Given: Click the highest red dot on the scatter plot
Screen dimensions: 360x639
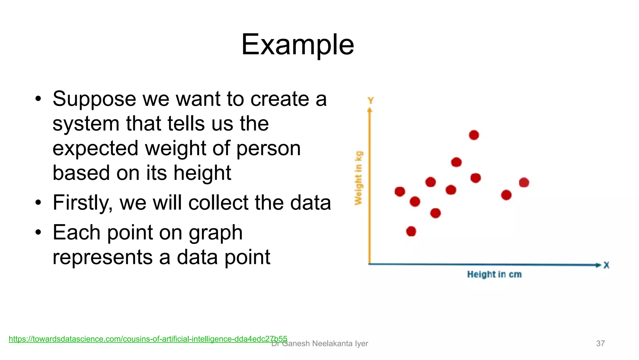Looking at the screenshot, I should tap(474, 135).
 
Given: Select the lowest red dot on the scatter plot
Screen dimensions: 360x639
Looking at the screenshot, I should tap(411, 231).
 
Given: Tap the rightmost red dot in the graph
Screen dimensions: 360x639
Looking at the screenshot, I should tap(524, 182).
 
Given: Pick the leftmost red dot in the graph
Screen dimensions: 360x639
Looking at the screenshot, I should tap(400, 191).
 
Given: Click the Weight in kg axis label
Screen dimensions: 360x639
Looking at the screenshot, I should tap(359, 178).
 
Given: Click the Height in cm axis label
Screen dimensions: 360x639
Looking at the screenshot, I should tap(494, 274).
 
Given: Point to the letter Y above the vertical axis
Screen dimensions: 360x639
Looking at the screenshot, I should tap(370, 101).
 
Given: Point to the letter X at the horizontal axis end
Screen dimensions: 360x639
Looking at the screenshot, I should tap(606, 265).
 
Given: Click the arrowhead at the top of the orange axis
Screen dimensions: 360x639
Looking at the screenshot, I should tap(370, 110).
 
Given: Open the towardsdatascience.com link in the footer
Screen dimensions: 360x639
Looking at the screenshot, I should tap(148, 339).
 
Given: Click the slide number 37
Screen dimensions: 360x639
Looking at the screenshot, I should tap(600, 343).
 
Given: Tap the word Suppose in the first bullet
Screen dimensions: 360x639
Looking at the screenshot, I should tap(94, 99).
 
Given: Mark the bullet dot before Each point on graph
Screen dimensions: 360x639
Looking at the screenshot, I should tap(38, 233).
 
